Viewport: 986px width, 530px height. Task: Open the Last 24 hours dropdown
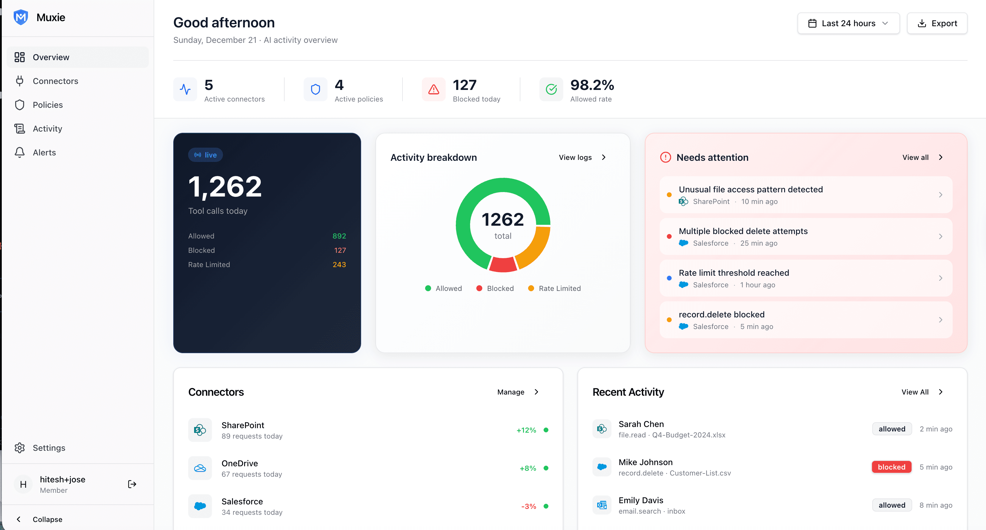tap(848, 23)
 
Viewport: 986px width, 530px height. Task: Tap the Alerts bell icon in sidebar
tap(20, 152)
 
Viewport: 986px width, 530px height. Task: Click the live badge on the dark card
tap(205, 155)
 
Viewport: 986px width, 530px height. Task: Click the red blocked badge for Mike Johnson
tap(891, 467)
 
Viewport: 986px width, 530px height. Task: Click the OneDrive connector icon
tap(200, 468)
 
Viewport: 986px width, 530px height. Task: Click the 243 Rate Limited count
tap(339, 265)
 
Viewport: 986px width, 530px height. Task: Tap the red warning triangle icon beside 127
tap(433, 90)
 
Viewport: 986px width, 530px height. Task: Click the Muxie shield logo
tap(21, 17)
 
